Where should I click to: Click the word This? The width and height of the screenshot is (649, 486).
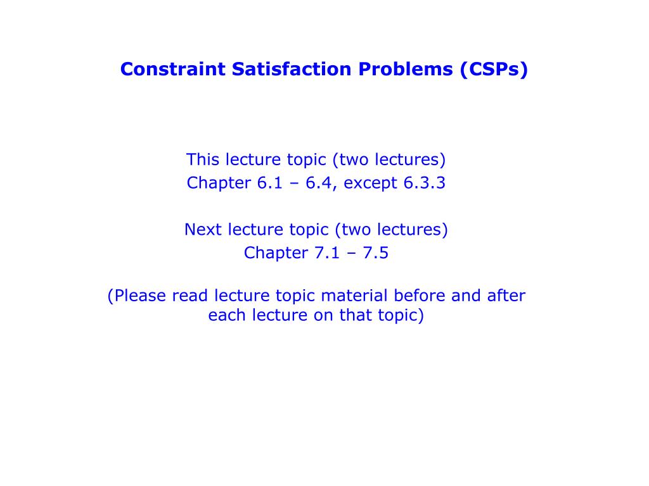(x=202, y=159)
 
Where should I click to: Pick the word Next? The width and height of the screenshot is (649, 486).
(x=203, y=229)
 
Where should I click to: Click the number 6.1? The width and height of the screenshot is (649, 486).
(x=273, y=183)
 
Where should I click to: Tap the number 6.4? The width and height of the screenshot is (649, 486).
(x=320, y=183)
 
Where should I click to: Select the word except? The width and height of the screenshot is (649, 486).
(x=371, y=184)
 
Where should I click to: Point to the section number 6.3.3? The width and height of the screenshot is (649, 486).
(x=424, y=183)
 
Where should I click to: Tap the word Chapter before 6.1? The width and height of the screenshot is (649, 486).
(x=219, y=183)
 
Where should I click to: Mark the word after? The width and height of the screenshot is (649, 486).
(x=506, y=296)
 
